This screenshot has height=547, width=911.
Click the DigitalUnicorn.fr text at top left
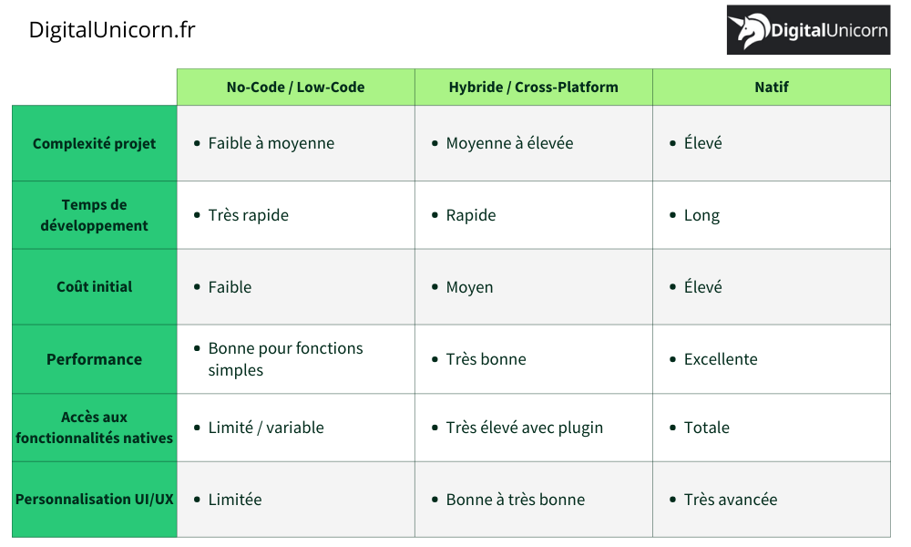pos(112,30)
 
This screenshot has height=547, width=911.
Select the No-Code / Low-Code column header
pos(295,88)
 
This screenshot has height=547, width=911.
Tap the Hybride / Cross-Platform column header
pos(533,88)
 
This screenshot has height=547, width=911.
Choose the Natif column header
pos(772,88)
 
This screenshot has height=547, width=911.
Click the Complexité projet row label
pos(94,143)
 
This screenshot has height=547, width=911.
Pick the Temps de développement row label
pos(94,215)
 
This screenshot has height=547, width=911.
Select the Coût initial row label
pos(94,286)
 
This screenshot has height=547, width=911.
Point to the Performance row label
pos(94,359)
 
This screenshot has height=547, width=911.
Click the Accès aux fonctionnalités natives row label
pos(94,428)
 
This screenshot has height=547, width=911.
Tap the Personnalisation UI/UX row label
pos(94,499)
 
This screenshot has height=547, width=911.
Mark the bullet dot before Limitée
pos(198,500)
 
